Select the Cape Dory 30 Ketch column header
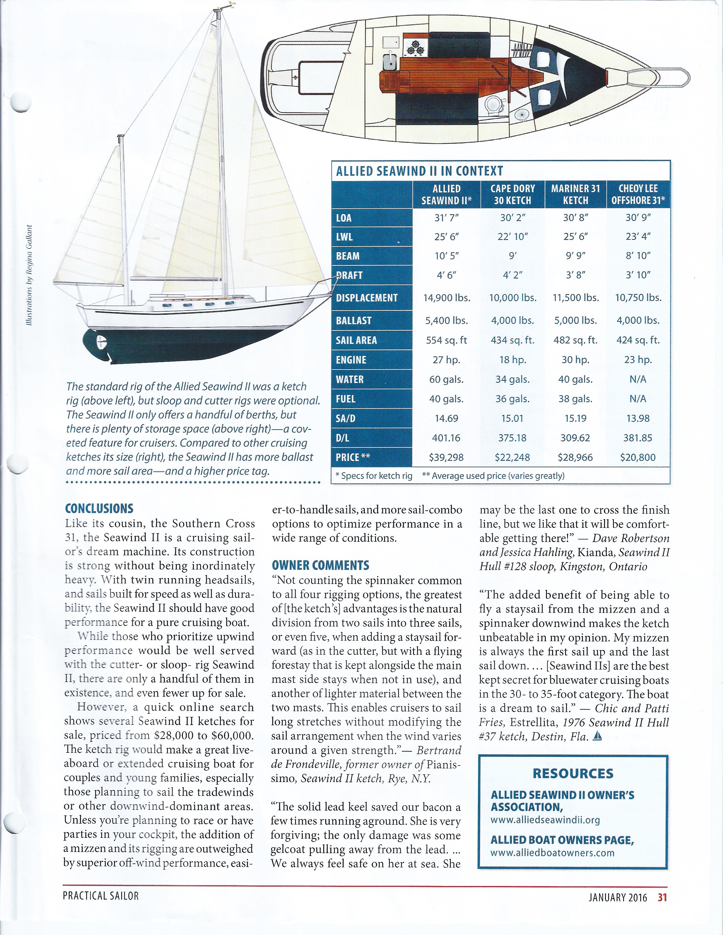[512, 194]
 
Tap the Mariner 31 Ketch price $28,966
[575, 457]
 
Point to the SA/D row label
[346, 418]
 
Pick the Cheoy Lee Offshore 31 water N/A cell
[638, 379]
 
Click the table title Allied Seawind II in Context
[419, 171]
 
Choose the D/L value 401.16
[447, 438]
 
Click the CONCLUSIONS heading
[99, 509]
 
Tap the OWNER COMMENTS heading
[320, 565]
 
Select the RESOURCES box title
[573, 773]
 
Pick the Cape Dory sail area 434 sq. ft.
[512, 340]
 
